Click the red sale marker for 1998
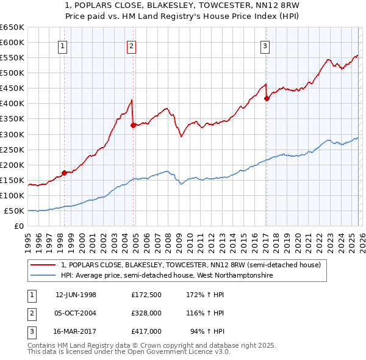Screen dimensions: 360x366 (x=64, y=173)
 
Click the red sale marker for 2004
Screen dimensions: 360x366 (x=133, y=125)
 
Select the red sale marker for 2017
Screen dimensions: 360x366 (x=267, y=98)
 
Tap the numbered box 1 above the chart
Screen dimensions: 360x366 (x=63, y=45)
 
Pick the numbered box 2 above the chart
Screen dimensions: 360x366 (x=132, y=45)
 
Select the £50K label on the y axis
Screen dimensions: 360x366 (x=15, y=211)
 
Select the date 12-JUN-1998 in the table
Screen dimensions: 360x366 (x=76, y=295)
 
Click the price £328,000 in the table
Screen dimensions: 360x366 (x=146, y=313)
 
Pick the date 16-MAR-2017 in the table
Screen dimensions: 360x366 (x=76, y=331)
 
